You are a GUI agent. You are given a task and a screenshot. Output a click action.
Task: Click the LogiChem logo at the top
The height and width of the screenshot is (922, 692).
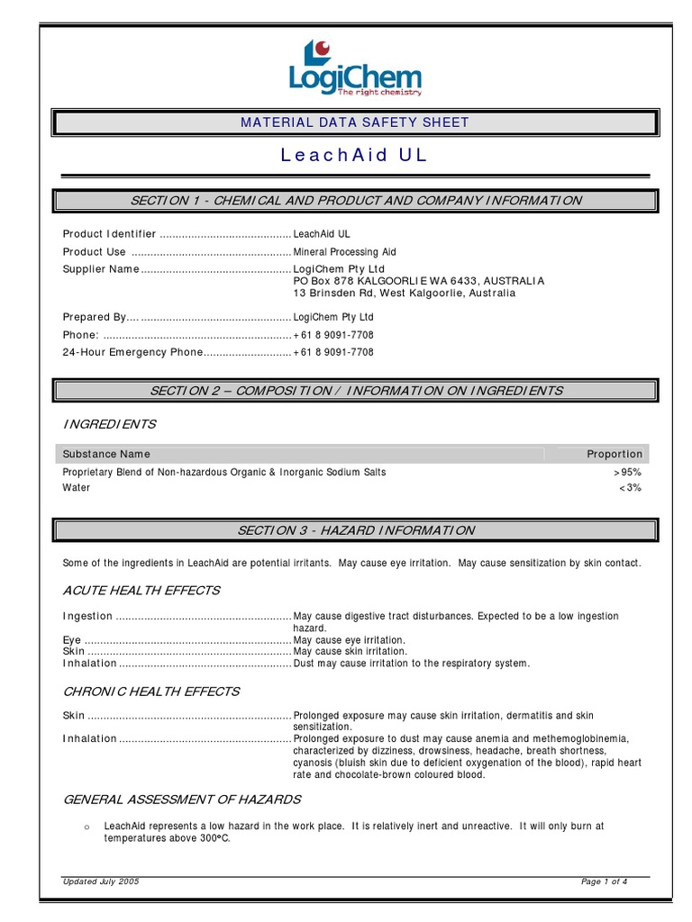click(x=354, y=68)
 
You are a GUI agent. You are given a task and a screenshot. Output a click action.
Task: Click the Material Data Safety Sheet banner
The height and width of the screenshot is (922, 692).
click(x=354, y=122)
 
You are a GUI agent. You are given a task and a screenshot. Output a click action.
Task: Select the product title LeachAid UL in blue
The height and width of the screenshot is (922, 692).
click(x=354, y=155)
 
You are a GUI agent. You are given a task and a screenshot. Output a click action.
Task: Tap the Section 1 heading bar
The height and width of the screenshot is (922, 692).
click(x=356, y=200)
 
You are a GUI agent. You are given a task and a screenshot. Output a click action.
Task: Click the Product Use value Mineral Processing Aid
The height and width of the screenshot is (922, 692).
click(x=344, y=252)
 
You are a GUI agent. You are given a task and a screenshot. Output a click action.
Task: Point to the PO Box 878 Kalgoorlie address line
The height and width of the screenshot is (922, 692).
click(x=419, y=281)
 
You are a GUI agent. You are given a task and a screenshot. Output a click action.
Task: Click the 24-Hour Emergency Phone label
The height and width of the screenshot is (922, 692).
click(x=127, y=352)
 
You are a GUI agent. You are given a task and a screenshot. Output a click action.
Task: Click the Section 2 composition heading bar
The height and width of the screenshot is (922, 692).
click(x=356, y=391)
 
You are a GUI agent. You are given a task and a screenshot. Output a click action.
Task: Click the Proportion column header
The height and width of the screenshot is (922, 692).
click(x=615, y=454)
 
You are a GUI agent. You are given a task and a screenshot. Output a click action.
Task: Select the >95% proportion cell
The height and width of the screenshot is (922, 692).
click(x=628, y=472)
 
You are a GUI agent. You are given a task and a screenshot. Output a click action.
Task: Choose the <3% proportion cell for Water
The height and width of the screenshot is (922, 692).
click(x=630, y=488)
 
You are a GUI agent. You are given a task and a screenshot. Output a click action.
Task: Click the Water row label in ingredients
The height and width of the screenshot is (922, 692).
click(x=77, y=488)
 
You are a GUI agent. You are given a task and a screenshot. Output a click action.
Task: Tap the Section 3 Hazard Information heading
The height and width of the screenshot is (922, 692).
click(x=356, y=530)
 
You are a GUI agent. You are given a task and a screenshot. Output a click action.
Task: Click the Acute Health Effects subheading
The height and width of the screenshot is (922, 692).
click(x=141, y=591)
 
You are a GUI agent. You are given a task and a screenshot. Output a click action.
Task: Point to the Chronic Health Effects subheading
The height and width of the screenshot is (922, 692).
click(x=150, y=691)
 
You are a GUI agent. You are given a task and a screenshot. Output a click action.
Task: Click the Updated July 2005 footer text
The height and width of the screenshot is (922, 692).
click(x=101, y=881)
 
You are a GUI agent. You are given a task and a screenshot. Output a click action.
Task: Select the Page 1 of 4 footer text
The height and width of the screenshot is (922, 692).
click(x=604, y=881)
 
